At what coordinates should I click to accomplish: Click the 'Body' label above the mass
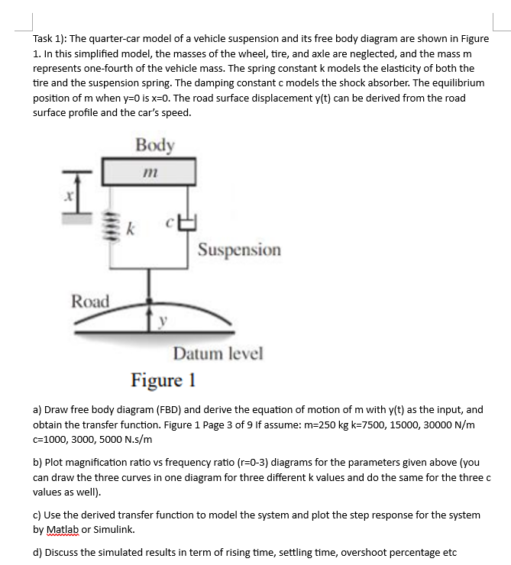[x=155, y=145]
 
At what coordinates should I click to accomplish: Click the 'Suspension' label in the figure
[x=239, y=250]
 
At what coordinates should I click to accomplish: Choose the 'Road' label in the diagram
[x=90, y=301]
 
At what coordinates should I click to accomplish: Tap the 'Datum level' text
[x=218, y=354]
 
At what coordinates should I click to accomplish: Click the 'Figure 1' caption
[x=163, y=379]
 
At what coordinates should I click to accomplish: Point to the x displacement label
[x=68, y=196]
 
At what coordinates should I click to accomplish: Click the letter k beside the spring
[x=131, y=228]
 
